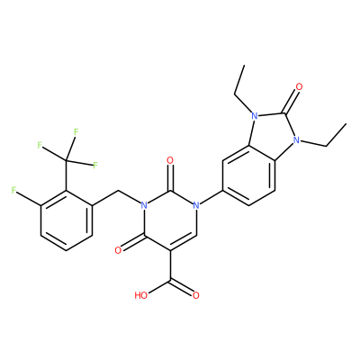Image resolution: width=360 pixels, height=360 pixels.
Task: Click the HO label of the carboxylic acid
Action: point(141,295)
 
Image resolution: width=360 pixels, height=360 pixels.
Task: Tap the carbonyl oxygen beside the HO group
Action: point(196,295)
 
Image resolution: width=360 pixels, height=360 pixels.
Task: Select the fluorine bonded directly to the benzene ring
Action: point(13,191)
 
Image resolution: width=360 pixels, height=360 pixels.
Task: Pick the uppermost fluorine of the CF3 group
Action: point(76,131)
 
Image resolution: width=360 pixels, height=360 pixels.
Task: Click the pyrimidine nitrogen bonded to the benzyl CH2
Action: point(144,205)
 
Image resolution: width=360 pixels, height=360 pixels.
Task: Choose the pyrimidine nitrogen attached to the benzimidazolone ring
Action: point(196,205)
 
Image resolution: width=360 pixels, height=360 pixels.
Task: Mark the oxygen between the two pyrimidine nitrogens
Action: point(170,161)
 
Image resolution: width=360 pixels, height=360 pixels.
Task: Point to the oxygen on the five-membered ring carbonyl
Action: point(299,87)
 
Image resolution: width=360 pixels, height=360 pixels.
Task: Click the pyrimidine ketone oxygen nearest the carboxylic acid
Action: point(119,250)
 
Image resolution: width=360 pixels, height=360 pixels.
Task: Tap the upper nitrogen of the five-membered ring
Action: point(255,116)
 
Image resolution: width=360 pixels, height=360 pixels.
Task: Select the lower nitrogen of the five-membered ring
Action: point(297,139)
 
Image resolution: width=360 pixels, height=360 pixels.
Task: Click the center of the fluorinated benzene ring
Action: point(67,220)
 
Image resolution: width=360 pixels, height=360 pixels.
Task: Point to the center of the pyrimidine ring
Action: point(170,220)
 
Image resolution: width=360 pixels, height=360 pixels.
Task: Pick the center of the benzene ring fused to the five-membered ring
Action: point(249,175)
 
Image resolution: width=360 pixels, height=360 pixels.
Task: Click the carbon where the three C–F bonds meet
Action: point(67,160)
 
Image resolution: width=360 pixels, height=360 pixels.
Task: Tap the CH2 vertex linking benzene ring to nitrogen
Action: point(118,191)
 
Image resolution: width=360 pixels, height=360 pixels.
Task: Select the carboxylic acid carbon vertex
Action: point(170,281)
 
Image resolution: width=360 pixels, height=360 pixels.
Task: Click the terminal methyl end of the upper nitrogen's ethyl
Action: point(245,65)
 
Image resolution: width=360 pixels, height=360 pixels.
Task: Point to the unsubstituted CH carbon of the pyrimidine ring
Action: point(196,236)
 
